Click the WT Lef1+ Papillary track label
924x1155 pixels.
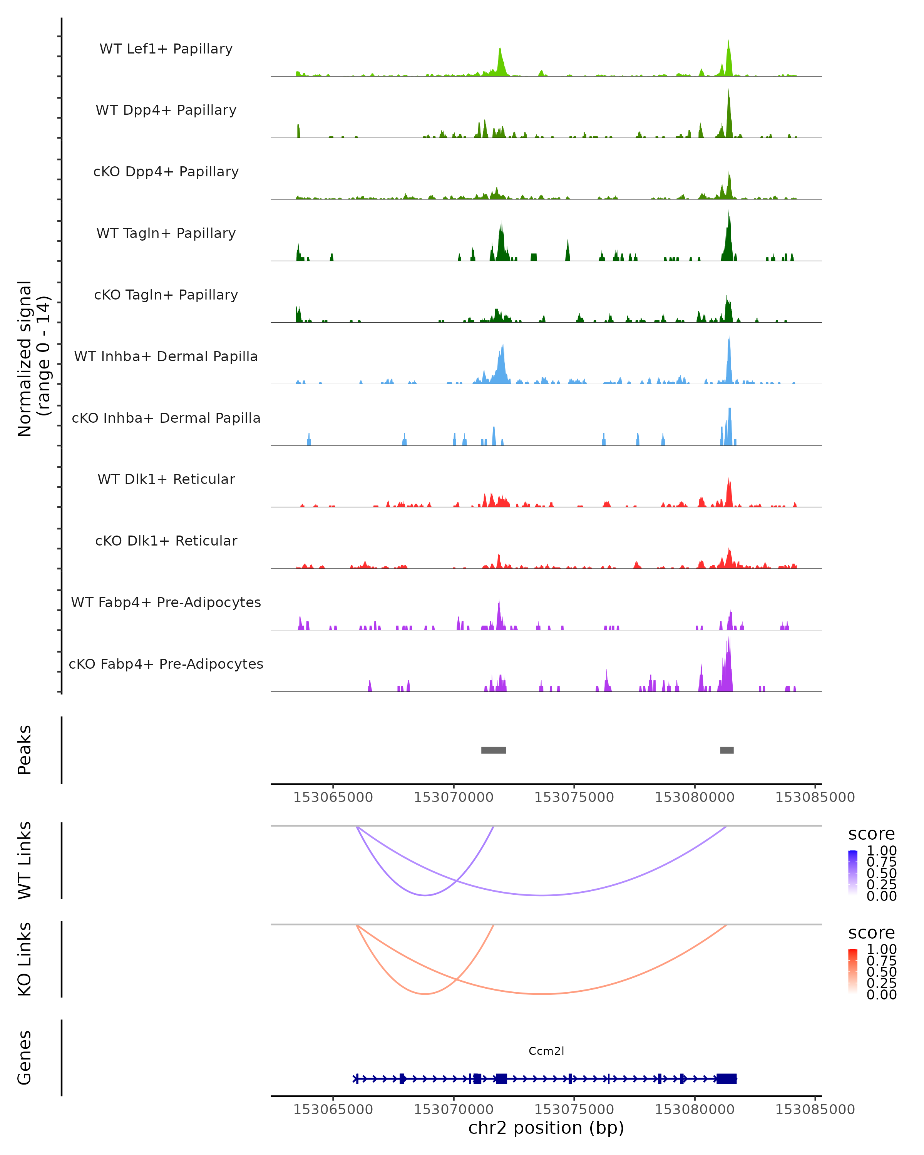pos(166,49)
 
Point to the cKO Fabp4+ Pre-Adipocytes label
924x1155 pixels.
pos(166,664)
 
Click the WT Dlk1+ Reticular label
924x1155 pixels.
pos(166,479)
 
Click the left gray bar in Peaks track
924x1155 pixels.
pos(493,750)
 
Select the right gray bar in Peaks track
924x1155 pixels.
pos(727,750)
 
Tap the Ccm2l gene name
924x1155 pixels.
pos(546,1051)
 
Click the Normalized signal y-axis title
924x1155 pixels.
pos(33,358)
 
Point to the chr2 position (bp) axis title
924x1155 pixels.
pos(546,1128)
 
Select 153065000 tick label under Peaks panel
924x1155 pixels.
pos(333,797)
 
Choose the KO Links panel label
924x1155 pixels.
pos(25,959)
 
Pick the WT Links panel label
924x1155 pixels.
pos(25,860)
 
